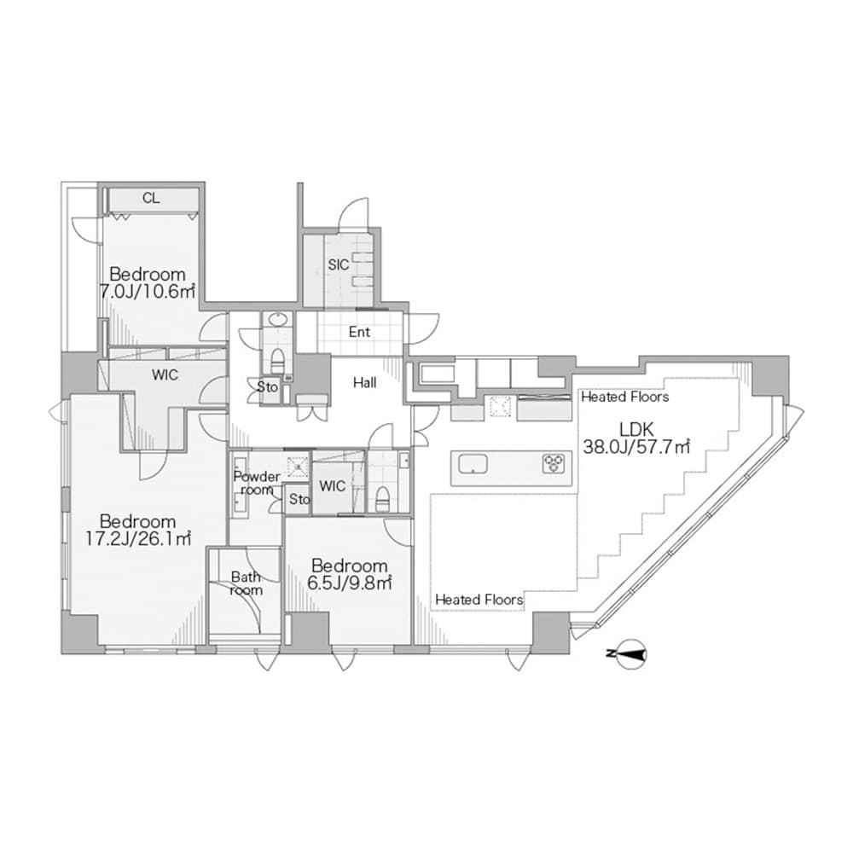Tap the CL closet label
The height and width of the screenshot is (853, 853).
tap(151, 198)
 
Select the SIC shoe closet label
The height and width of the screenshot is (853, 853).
tap(339, 265)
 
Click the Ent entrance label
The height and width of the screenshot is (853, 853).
tap(360, 332)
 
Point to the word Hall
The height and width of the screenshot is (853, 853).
tap(364, 383)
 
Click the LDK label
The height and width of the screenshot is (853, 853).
tap(636, 429)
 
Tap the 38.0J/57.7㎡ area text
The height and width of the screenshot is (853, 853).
tap(636, 447)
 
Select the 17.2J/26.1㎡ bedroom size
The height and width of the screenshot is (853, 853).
tap(138, 538)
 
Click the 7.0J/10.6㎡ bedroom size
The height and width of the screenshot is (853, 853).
tap(147, 292)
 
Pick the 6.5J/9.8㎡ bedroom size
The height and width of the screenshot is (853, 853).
tap(349, 583)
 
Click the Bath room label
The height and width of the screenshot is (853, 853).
tap(246, 583)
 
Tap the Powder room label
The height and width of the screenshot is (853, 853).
tap(257, 483)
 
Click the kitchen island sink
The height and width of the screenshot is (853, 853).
tap(473, 465)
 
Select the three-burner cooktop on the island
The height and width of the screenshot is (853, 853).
tap(554, 464)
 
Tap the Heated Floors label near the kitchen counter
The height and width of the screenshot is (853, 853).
tap(625, 397)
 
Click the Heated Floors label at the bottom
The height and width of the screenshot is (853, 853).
tap(479, 600)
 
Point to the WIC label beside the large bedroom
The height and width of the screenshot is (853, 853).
tap(165, 374)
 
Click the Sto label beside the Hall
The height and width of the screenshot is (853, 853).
tap(267, 387)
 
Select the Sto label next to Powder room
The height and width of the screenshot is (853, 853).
tap(299, 499)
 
